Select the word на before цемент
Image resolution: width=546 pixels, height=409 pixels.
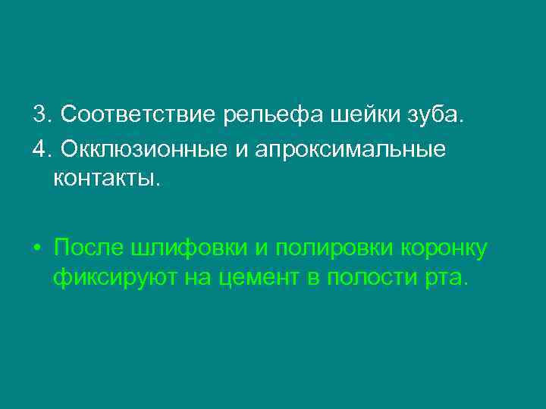coord(195,278)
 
